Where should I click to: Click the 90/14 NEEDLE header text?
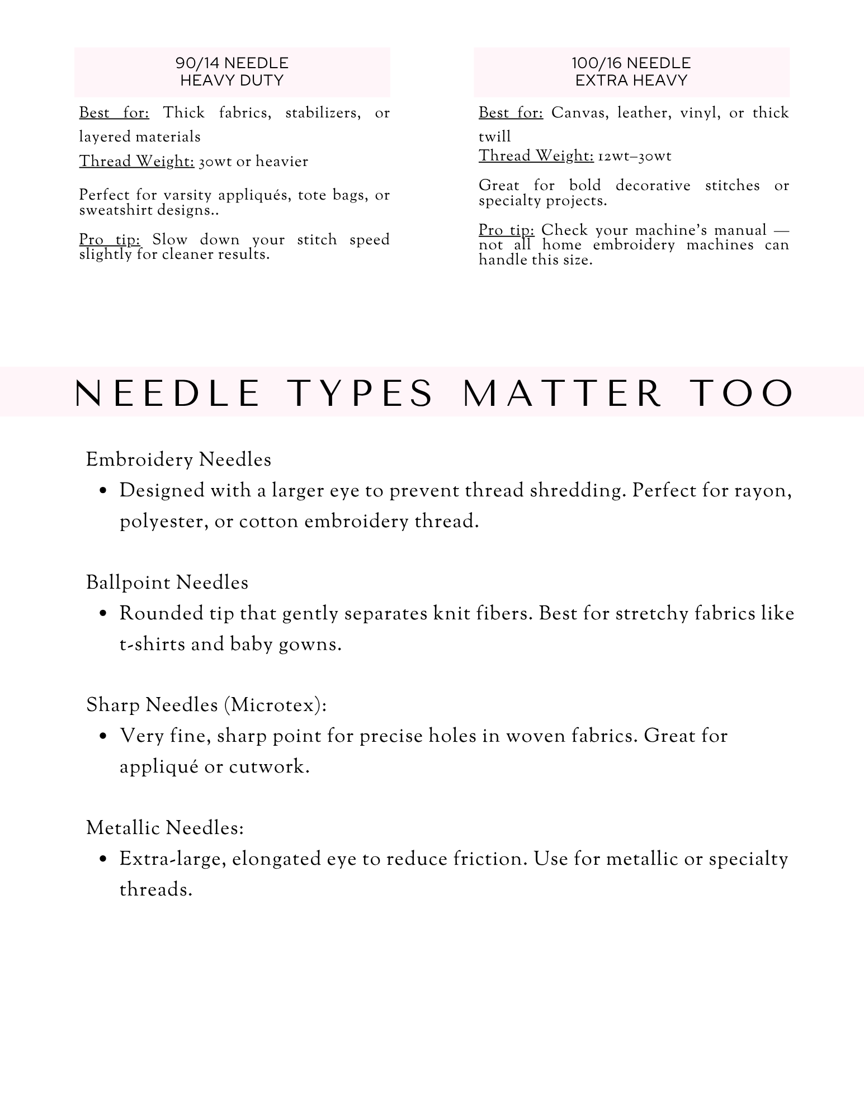[x=232, y=63]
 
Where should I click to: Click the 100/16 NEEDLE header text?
[x=631, y=63]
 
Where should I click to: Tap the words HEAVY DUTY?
[x=232, y=80]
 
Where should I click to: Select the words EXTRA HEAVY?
[x=631, y=80]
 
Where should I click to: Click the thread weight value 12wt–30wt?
[x=635, y=156]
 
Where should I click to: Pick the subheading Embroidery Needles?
[x=178, y=459]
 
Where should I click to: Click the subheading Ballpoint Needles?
[x=167, y=582]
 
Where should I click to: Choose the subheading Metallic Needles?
[x=165, y=827]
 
